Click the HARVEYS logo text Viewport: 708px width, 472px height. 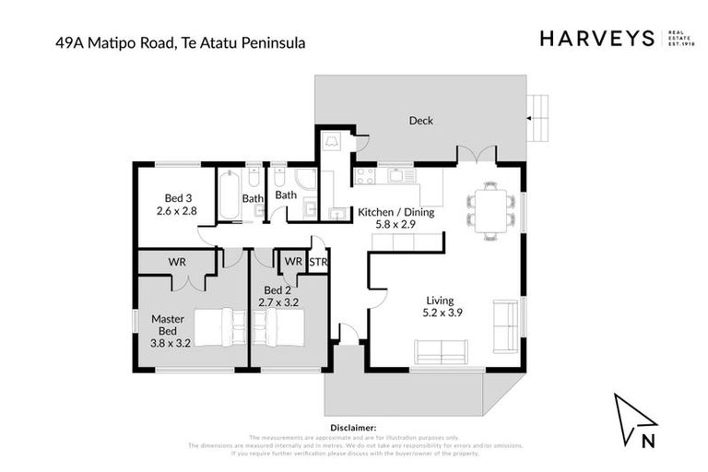click(x=596, y=38)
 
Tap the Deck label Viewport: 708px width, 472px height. click(x=420, y=121)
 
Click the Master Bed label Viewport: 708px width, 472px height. click(x=168, y=325)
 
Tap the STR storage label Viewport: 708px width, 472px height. click(x=319, y=262)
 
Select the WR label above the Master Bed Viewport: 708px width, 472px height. click(x=177, y=262)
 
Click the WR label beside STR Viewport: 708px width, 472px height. click(x=293, y=262)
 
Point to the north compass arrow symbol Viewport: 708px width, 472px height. click(x=635, y=420)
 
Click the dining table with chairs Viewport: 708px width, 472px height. click(x=489, y=211)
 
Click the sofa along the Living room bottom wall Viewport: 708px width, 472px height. click(x=440, y=351)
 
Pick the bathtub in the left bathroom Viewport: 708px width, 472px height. click(x=230, y=194)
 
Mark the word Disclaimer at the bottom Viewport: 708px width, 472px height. click(x=353, y=428)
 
